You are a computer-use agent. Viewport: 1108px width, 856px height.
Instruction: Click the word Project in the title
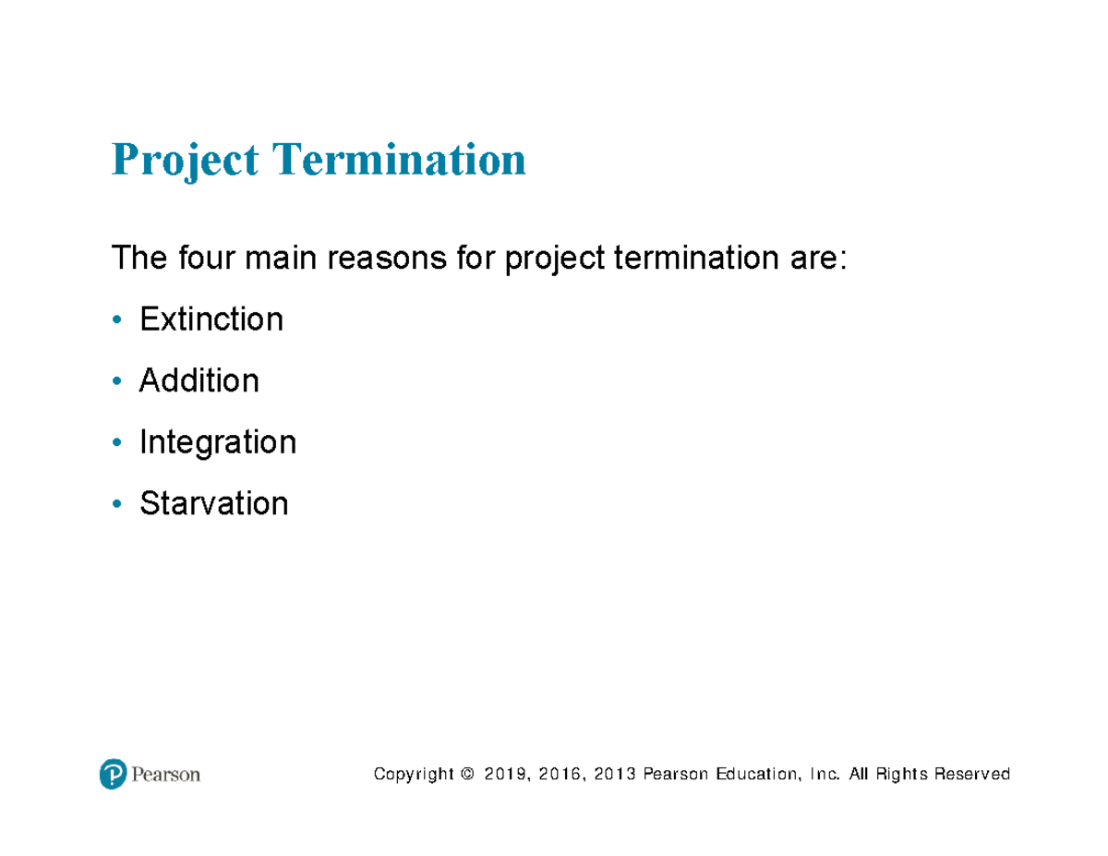[185, 160]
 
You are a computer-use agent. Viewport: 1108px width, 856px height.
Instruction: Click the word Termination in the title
[398, 160]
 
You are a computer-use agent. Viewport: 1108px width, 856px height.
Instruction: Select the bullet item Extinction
[211, 319]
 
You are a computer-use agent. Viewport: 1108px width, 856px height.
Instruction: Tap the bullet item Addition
[199, 380]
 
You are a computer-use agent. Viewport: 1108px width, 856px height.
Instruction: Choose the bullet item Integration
[218, 442]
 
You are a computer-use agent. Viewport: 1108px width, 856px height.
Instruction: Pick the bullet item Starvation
[213, 503]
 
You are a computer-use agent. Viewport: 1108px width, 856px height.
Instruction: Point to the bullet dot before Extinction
[115, 320]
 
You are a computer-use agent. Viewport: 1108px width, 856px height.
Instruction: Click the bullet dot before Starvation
[115, 504]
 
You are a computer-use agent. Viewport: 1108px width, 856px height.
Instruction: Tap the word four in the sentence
[207, 259]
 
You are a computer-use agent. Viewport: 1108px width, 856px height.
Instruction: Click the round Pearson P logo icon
[112, 774]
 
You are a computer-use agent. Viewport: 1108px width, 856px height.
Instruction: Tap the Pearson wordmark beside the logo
[165, 774]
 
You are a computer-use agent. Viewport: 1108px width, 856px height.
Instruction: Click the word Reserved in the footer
[972, 774]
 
